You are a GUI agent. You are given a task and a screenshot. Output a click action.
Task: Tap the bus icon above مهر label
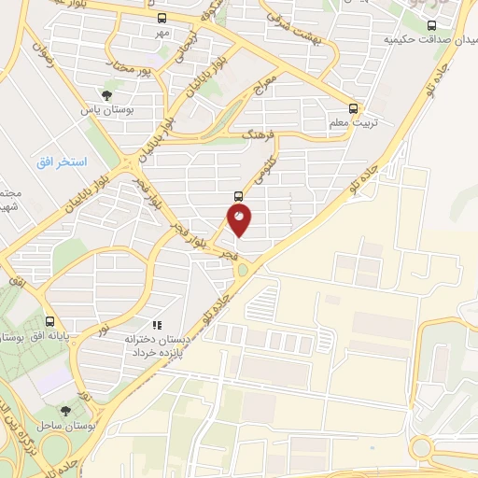point(162,18)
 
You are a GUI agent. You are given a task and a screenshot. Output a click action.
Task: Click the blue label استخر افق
point(62,162)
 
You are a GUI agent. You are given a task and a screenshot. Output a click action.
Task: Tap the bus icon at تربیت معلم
point(353,107)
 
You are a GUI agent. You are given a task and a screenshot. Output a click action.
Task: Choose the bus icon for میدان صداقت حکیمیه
point(430,26)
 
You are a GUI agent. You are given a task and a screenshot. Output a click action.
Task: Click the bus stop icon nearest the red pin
point(238,196)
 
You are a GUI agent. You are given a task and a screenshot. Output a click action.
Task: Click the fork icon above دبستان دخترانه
point(157,325)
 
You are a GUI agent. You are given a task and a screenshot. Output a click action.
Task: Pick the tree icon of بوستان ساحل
point(64,410)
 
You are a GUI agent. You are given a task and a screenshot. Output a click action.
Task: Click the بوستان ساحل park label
point(63,425)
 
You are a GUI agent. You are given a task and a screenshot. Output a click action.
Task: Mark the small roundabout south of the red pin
point(243,270)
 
